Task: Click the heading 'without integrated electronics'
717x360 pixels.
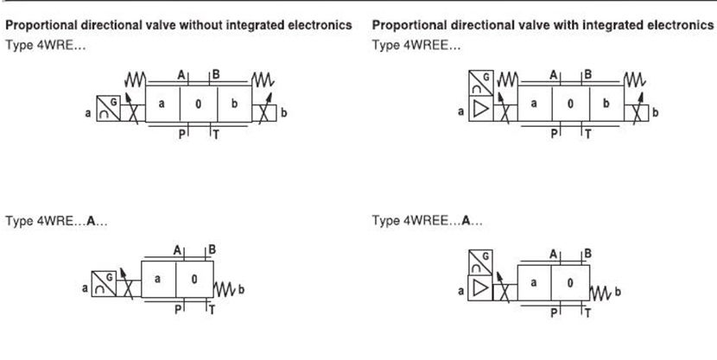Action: point(266,25)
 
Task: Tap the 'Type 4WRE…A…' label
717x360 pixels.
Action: point(57,222)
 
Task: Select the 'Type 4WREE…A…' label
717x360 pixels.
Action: point(427,221)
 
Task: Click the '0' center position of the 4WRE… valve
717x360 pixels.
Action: point(199,104)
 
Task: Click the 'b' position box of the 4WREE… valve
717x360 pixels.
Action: point(606,104)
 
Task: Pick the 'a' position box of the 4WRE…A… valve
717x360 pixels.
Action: point(158,279)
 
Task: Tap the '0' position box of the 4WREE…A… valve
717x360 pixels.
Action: point(570,283)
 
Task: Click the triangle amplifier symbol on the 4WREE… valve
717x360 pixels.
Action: point(480,109)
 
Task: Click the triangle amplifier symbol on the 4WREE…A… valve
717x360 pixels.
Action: point(480,288)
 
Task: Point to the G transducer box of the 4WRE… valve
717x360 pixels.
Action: point(108,109)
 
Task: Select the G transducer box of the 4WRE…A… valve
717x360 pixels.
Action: point(104,284)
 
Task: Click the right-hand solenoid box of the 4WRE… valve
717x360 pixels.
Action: point(264,113)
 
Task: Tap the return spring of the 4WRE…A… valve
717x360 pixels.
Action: point(225,289)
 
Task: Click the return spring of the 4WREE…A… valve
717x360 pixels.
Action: point(600,293)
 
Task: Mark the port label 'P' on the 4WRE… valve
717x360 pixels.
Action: point(182,135)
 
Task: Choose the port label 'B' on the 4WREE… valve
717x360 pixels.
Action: point(588,74)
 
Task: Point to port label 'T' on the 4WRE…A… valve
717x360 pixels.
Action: point(212,310)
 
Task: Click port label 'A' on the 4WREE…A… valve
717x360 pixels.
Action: point(553,255)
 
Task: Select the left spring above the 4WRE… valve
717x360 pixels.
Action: point(136,79)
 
